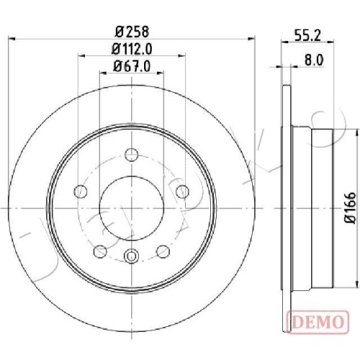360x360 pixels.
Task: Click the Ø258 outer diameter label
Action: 132,32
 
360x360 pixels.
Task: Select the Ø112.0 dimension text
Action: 132,49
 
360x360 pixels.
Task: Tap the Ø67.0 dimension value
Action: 132,66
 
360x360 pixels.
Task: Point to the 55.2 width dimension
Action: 307,36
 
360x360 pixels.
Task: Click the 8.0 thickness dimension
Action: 314,60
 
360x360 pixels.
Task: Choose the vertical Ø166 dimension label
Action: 351,208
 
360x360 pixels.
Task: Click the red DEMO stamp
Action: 318,323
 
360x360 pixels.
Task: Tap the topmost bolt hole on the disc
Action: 132,155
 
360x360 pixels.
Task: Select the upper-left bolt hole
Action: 81,192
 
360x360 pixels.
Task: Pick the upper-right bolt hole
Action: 182,192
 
